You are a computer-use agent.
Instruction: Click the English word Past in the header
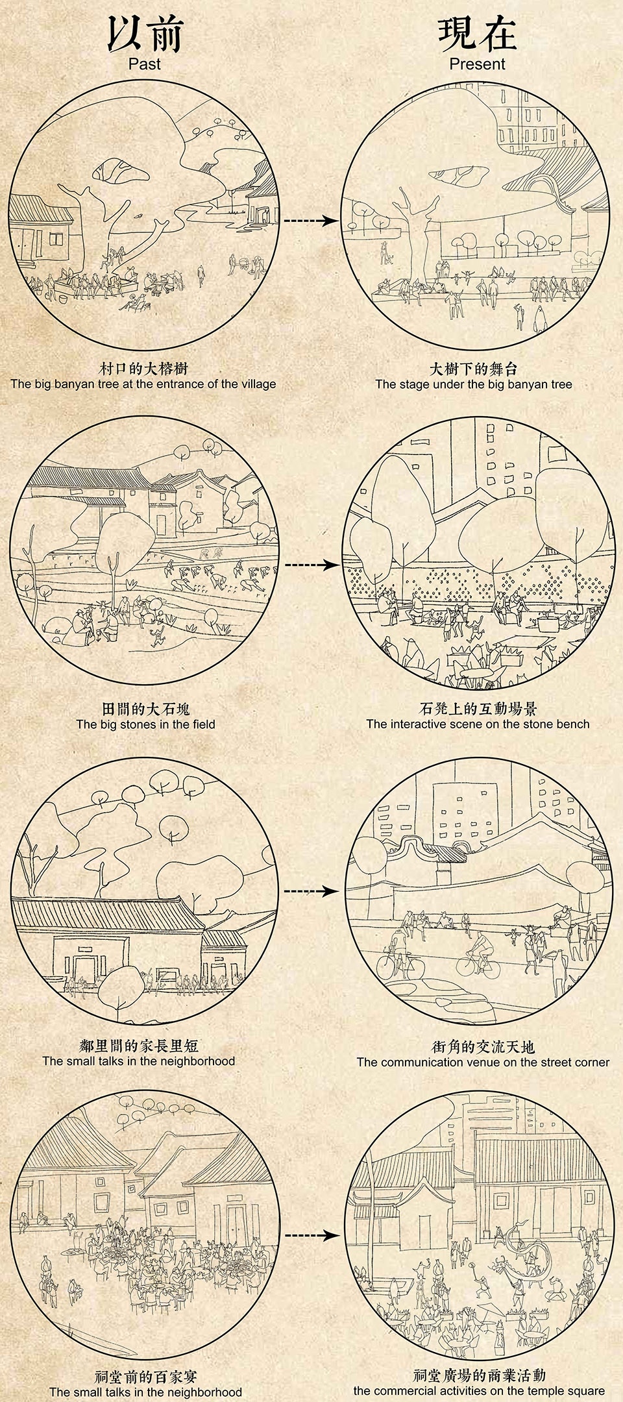coord(144,64)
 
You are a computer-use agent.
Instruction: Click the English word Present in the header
coord(477,64)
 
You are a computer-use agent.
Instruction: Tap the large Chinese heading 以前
coord(145,34)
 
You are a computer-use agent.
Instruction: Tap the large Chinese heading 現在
coord(477,34)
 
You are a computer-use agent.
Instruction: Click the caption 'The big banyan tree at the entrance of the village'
coord(143,384)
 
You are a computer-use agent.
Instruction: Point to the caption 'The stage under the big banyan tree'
coord(474,384)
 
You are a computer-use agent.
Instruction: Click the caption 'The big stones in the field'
coord(145,724)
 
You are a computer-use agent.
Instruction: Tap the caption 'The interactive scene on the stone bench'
coord(478,724)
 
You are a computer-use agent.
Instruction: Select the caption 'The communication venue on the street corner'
coord(483,1063)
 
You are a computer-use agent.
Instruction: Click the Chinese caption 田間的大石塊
coord(145,709)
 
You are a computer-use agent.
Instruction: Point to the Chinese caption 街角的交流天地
coord(483,1047)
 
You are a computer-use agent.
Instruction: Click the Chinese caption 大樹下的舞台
coord(474,369)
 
